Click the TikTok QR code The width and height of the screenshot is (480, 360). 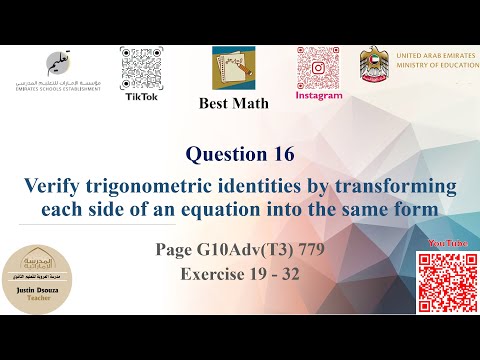141,69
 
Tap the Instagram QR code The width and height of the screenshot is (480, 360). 318,68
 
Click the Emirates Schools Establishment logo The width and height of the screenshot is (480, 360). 46,77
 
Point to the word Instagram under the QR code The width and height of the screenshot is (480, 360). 318,97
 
